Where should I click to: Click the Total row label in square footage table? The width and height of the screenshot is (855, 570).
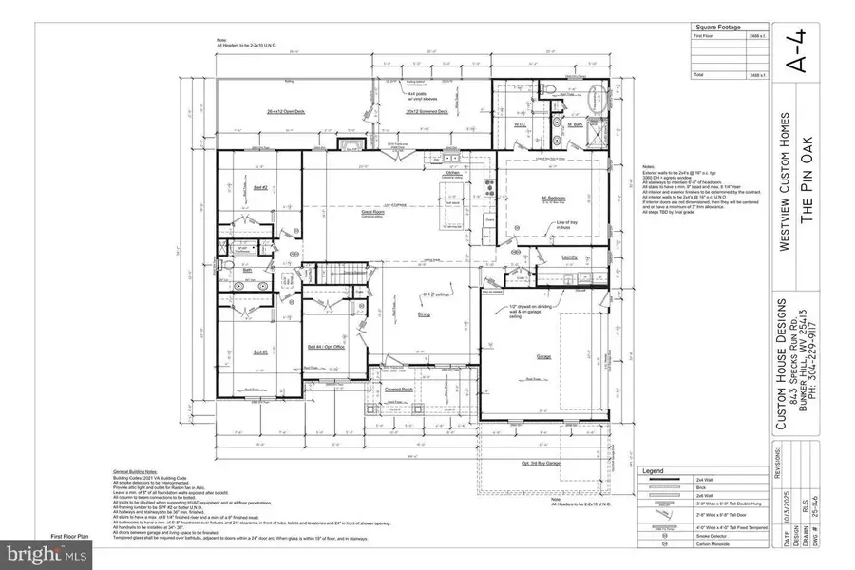[698, 73]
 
